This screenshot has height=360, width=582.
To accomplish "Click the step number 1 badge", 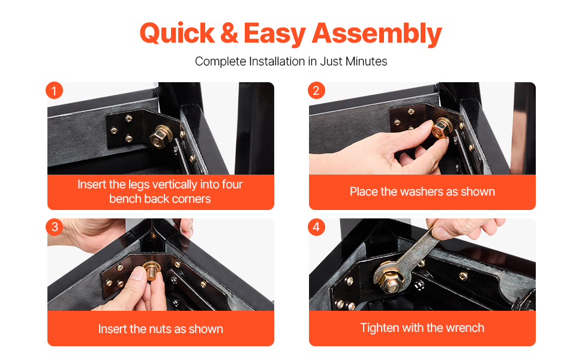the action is pos(54,91).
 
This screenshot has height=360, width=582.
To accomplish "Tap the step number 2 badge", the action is pos(316,91).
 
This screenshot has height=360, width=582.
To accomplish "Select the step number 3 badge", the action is pos(54,227).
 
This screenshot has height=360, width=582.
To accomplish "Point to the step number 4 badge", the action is pos(316,227).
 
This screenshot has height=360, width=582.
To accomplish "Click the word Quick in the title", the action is pos(177,34).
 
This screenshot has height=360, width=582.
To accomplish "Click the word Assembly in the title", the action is pos(377,35).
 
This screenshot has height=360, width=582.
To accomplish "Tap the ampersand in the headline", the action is pos(229,34).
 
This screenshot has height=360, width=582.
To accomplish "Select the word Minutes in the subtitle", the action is pos(366,61).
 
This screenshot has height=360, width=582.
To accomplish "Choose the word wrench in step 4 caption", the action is pos(465,328).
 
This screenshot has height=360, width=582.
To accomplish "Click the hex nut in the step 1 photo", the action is pos(160,136).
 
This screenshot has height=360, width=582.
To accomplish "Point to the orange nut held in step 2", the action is pos(440,129).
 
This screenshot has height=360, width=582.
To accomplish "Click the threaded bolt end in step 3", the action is pos(151,273).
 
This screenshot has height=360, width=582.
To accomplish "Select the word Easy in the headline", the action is pos(275,35).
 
